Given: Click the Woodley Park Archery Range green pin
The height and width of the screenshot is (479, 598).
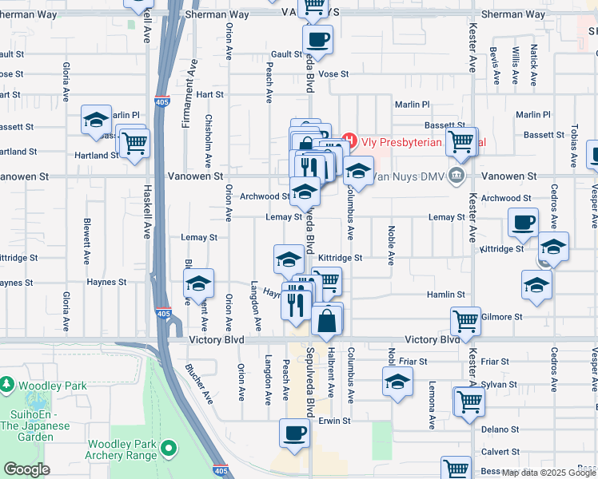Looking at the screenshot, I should tap(169, 449).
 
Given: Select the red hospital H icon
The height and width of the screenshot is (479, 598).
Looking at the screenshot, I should tap(349, 142).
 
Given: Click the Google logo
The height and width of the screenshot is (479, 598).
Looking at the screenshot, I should tap(26, 469).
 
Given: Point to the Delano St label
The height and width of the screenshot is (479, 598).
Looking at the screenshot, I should tap(501, 429).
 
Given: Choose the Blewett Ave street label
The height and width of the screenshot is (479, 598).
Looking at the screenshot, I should tap(86, 242).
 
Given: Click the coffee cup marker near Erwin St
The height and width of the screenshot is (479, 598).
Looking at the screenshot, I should tap(294, 433).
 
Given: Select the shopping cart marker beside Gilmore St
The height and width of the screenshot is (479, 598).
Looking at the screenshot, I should tap(465, 321).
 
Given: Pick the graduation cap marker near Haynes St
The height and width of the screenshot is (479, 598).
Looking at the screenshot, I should tap(198, 283).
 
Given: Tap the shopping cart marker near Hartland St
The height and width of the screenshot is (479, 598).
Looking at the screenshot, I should tap(134, 143).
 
